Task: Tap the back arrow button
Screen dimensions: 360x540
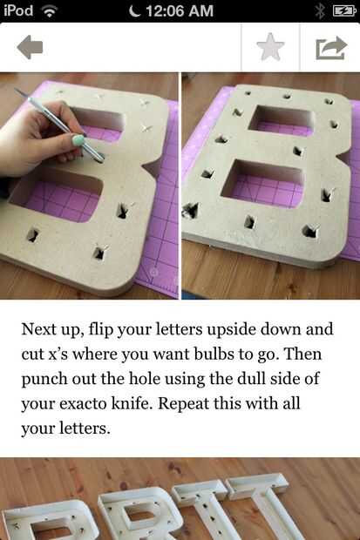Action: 30,47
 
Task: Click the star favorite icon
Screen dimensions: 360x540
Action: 271,46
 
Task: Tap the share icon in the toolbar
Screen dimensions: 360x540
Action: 331,48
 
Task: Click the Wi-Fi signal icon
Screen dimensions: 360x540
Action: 50,11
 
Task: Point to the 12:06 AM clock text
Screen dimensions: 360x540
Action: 180,10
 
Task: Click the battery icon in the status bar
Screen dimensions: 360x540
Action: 344,11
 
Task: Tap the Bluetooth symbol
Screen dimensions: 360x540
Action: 321,11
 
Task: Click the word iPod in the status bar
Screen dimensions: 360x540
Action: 18,10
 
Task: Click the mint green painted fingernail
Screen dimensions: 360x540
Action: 78,140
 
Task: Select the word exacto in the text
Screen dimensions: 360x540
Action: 83,403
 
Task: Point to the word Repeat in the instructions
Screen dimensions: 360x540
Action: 183,404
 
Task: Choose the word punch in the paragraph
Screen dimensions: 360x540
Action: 44,380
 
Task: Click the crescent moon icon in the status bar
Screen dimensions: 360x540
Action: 135,11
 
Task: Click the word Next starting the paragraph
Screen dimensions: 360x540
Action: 38,329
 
